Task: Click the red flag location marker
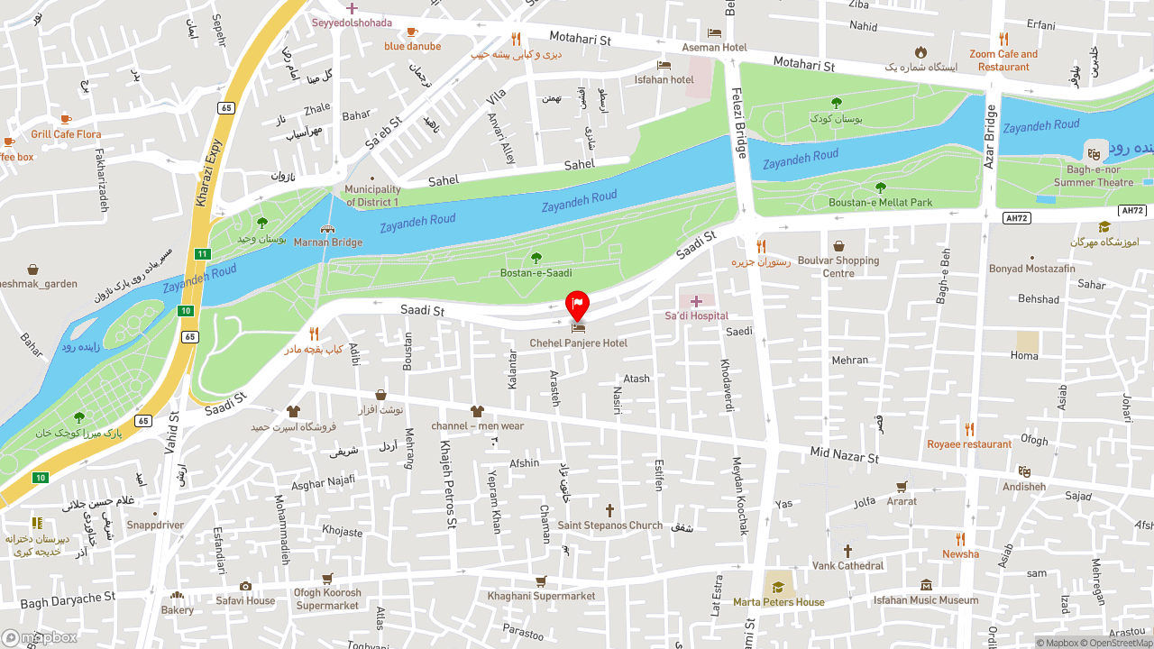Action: click(x=577, y=304)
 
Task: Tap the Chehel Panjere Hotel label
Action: click(x=578, y=343)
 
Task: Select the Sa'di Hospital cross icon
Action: click(x=696, y=301)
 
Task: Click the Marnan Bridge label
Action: click(x=328, y=242)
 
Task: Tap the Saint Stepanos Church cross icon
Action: click(x=609, y=510)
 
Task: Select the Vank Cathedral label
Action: click(x=847, y=566)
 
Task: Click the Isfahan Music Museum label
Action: click(x=926, y=600)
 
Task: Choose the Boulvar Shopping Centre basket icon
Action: click(x=838, y=246)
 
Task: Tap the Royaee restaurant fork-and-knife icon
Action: click(x=969, y=429)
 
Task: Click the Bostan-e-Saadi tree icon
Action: click(x=536, y=258)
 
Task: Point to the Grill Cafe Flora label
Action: click(x=66, y=134)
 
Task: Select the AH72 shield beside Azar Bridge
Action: click(x=1016, y=218)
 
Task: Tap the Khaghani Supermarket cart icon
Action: click(x=541, y=581)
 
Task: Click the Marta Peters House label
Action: click(x=778, y=602)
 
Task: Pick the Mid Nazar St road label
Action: click(x=844, y=456)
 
